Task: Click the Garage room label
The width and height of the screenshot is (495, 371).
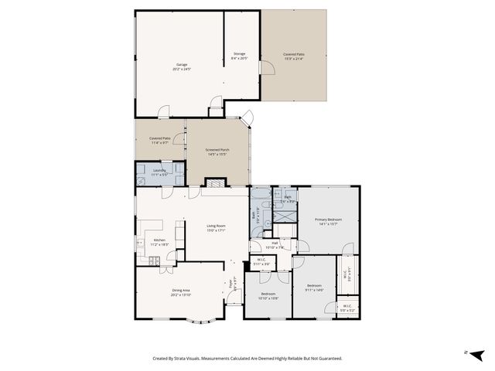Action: [183, 65]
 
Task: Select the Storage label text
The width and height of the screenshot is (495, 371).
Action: [239, 54]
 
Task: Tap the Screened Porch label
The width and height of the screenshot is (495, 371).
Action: [217, 150]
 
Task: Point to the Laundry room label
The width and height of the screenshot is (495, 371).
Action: [159, 170]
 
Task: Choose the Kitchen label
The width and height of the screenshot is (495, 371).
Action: [159, 240]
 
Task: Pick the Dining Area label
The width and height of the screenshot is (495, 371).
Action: [181, 291]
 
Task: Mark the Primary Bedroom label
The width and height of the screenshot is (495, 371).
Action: [328, 220]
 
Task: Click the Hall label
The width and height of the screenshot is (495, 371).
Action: [275, 243]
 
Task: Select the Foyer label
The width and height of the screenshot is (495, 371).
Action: [230, 283]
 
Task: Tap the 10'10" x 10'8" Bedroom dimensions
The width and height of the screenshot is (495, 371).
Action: [268, 298]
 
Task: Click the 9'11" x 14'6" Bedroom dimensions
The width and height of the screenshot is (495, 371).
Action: [313, 289]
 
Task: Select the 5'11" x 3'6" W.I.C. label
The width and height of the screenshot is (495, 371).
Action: [261, 264]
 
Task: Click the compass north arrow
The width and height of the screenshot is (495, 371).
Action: [476, 354]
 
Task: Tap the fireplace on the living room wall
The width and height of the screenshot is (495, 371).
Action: [213, 183]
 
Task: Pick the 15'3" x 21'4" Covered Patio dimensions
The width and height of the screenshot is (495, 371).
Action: [293, 58]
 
